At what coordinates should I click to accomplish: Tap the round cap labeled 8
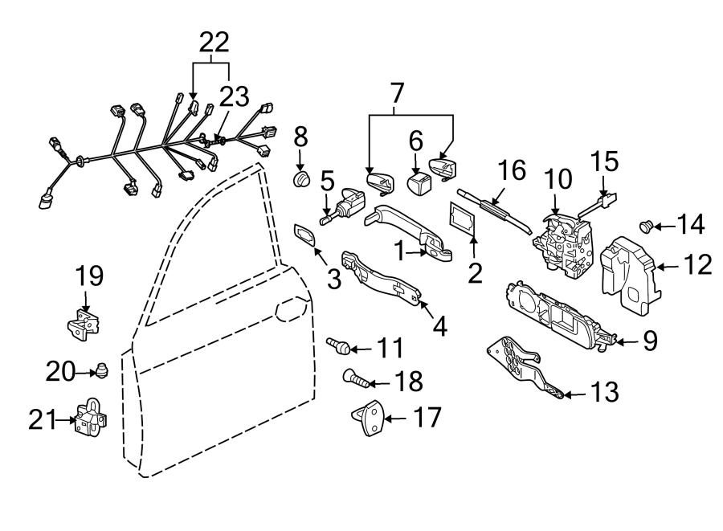point(300,178)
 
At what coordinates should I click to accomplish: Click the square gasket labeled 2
point(463,219)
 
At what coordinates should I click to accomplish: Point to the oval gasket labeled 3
point(306,235)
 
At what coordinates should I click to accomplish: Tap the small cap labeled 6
point(419,186)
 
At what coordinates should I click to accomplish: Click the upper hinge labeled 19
point(83,323)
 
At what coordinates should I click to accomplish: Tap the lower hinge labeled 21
point(88,419)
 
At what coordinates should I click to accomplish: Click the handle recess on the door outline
point(291,307)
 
